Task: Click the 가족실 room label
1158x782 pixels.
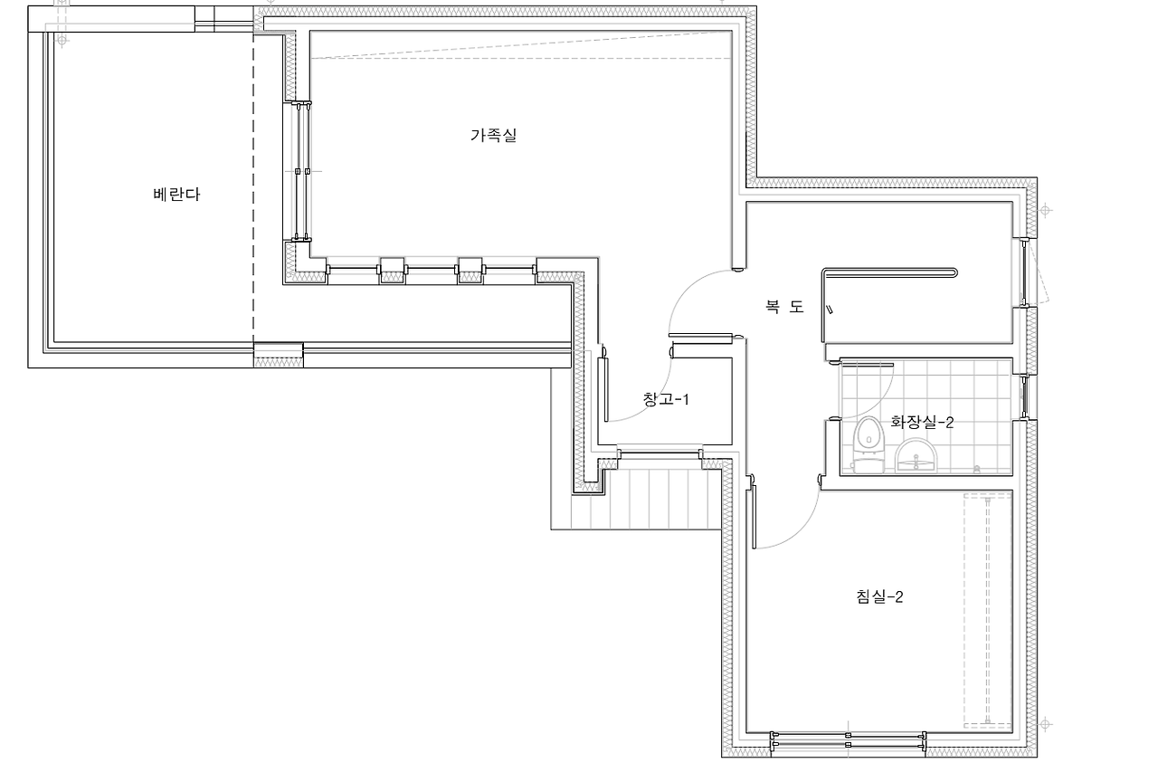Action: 494,136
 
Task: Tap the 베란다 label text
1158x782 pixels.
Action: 176,195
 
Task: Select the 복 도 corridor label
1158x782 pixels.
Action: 784,307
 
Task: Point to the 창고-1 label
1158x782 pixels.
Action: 666,399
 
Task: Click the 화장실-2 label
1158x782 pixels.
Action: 922,422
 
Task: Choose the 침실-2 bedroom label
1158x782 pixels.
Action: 880,596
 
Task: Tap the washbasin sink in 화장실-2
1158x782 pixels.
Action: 916,455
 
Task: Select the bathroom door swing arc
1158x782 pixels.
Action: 878,404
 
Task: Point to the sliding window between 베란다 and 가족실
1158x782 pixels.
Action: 302,171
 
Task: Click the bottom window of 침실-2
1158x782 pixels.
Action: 849,740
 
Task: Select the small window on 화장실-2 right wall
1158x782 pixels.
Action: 1025,396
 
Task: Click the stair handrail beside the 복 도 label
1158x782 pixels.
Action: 889,272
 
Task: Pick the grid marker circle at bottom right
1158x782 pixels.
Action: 1045,725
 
